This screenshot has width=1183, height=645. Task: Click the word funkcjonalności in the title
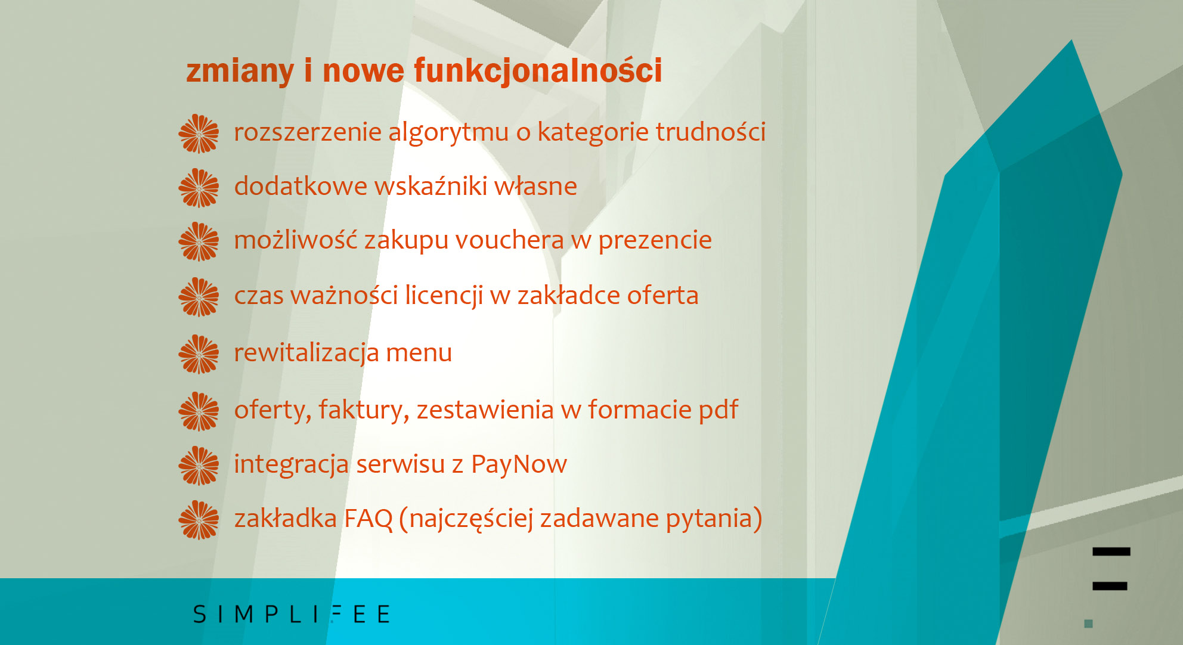click(538, 72)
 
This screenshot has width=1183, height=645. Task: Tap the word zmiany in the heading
click(240, 72)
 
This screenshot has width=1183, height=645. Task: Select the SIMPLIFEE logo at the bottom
click(292, 614)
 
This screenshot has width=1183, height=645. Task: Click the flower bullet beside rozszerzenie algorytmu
click(199, 134)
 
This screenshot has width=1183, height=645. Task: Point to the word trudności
click(711, 132)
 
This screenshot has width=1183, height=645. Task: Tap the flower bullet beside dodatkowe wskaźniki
click(199, 188)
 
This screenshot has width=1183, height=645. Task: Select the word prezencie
click(655, 241)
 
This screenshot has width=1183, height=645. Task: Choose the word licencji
click(444, 295)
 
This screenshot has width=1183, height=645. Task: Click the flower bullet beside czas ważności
click(199, 297)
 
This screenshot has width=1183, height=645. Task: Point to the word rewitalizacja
click(306, 352)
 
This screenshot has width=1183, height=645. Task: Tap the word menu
click(419, 353)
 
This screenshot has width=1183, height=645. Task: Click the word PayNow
click(519, 464)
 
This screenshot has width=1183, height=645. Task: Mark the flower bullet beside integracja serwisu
click(199, 466)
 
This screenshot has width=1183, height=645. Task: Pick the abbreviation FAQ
click(368, 519)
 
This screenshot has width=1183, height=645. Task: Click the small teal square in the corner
click(1088, 624)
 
